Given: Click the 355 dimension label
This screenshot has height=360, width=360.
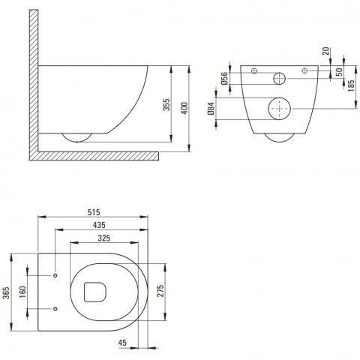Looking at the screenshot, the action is coord(167,104).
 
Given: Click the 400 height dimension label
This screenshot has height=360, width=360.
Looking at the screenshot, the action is coord(184,108).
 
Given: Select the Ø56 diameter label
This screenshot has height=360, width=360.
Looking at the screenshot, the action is coord(224,78).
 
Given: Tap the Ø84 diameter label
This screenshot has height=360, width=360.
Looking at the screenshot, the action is coord(211,108).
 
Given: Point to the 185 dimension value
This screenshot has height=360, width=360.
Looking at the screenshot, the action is coord(351,85).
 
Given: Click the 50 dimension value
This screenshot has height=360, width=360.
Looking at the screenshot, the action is coord(339,72).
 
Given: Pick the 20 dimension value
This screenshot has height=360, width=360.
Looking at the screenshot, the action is coord(325,51).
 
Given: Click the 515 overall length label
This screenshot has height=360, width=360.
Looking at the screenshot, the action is coord(94,212).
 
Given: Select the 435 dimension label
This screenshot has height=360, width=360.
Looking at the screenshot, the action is coord(99,225).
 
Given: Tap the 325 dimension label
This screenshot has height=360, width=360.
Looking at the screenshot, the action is coord(103,238).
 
